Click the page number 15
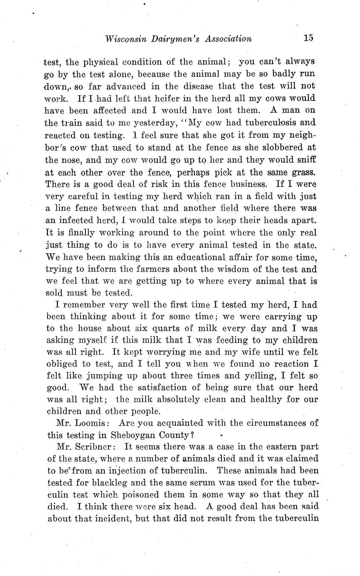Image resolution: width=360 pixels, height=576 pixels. click(x=308, y=38)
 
